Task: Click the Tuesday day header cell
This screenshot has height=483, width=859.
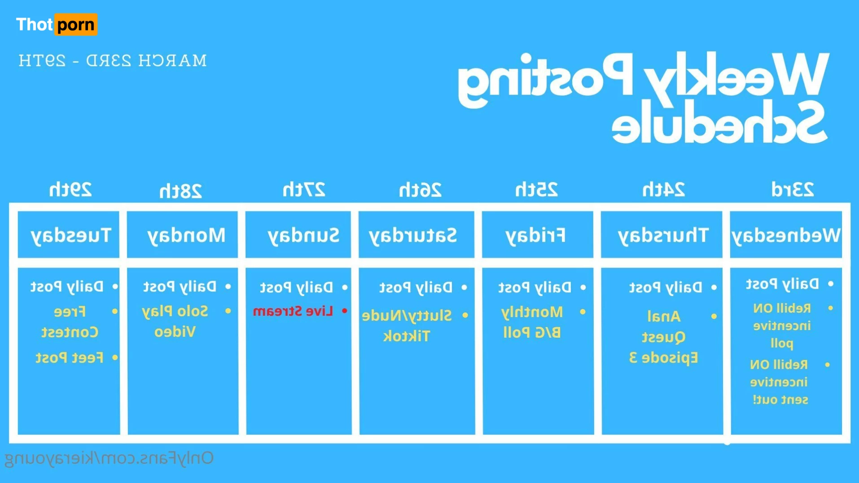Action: tap(69, 235)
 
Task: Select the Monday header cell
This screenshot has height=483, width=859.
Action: tap(182, 235)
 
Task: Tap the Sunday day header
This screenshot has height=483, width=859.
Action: tap(298, 235)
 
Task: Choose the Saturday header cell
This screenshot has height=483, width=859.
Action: tap(416, 235)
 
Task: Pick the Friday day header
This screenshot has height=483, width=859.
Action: tap(538, 235)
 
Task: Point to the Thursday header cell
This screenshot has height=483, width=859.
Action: tap(662, 235)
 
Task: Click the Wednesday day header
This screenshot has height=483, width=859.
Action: tap(786, 235)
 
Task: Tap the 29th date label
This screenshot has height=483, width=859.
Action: tap(70, 190)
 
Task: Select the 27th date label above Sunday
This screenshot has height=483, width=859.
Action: tap(304, 190)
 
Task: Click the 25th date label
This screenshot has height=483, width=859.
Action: tap(536, 190)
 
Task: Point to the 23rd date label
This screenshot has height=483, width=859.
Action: tap(793, 190)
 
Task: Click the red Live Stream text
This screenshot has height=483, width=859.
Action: tap(293, 311)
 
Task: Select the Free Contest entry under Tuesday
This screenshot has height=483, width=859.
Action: tap(70, 322)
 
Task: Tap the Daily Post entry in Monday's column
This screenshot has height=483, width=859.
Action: tap(180, 287)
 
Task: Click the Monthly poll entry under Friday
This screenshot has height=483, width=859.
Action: tap(532, 322)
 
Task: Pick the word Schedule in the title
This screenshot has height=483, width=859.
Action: tap(719, 122)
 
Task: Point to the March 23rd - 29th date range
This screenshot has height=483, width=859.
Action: tap(113, 61)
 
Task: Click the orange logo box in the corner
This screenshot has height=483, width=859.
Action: tap(76, 24)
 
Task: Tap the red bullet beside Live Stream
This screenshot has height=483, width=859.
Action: tap(344, 311)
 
